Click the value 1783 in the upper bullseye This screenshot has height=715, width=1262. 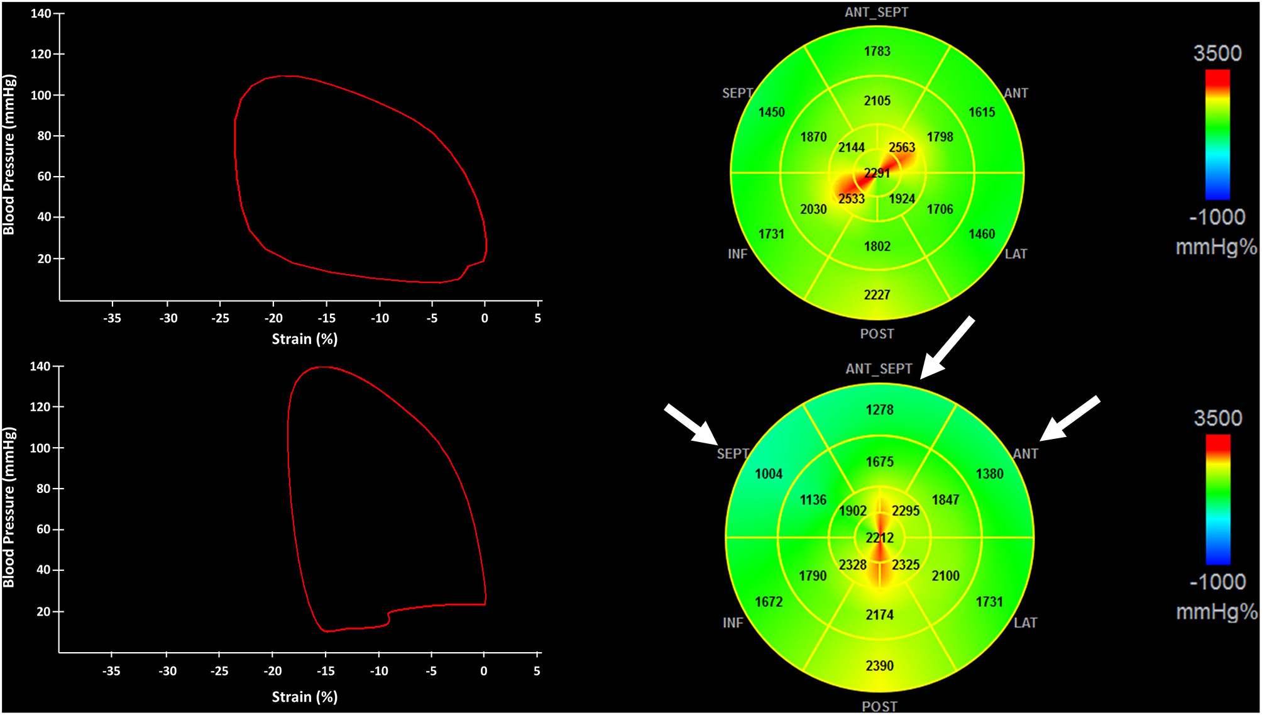(x=877, y=51)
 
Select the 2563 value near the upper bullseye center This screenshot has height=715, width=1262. (x=902, y=147)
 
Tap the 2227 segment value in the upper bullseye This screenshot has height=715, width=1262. (x=877, y=294)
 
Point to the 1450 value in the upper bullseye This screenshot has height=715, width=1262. (x=771, y=112)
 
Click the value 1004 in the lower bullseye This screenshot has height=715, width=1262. (x=769, y=474)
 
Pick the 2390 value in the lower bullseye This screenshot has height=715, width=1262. (x=879, y=665)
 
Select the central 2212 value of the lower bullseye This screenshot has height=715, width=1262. (x=879, y=538)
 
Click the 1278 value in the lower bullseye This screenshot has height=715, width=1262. (x=879, y=409)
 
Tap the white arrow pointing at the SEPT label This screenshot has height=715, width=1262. (x=691, y=424)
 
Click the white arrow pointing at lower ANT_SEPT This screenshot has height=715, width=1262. (x=947, y=348)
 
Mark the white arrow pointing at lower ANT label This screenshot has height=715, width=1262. (x=1069, y=418)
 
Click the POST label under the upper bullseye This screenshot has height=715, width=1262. (x=877, y=334)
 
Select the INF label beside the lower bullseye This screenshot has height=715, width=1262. (x=733, y=623)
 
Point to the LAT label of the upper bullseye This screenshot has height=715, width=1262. (x=1016, y=254)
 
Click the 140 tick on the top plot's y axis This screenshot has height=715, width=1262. (x=41, y=13)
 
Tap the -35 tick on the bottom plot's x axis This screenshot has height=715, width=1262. (x=111, y=671)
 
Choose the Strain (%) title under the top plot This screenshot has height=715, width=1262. (x=305, y=339)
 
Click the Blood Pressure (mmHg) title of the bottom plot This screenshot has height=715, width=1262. (x=9, y=507)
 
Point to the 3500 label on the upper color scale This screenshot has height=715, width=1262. (x=1217, y=53)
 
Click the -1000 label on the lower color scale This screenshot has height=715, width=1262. (x=1217, y=582)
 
